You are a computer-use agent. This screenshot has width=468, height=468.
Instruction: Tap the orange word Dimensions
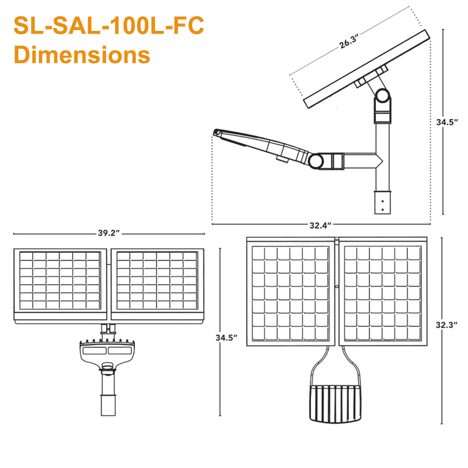coord(82,54)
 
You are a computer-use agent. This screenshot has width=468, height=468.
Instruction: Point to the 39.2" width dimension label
coord(109,234)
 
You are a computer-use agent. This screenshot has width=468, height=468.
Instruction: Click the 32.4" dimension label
coord(321,225)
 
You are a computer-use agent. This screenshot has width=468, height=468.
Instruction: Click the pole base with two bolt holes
coord(382,202)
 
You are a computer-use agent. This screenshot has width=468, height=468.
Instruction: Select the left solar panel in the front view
coord(60,281)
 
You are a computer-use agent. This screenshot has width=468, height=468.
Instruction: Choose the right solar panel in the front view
coord(157,281)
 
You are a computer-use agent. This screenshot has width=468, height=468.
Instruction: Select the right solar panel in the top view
coord(383,293)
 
